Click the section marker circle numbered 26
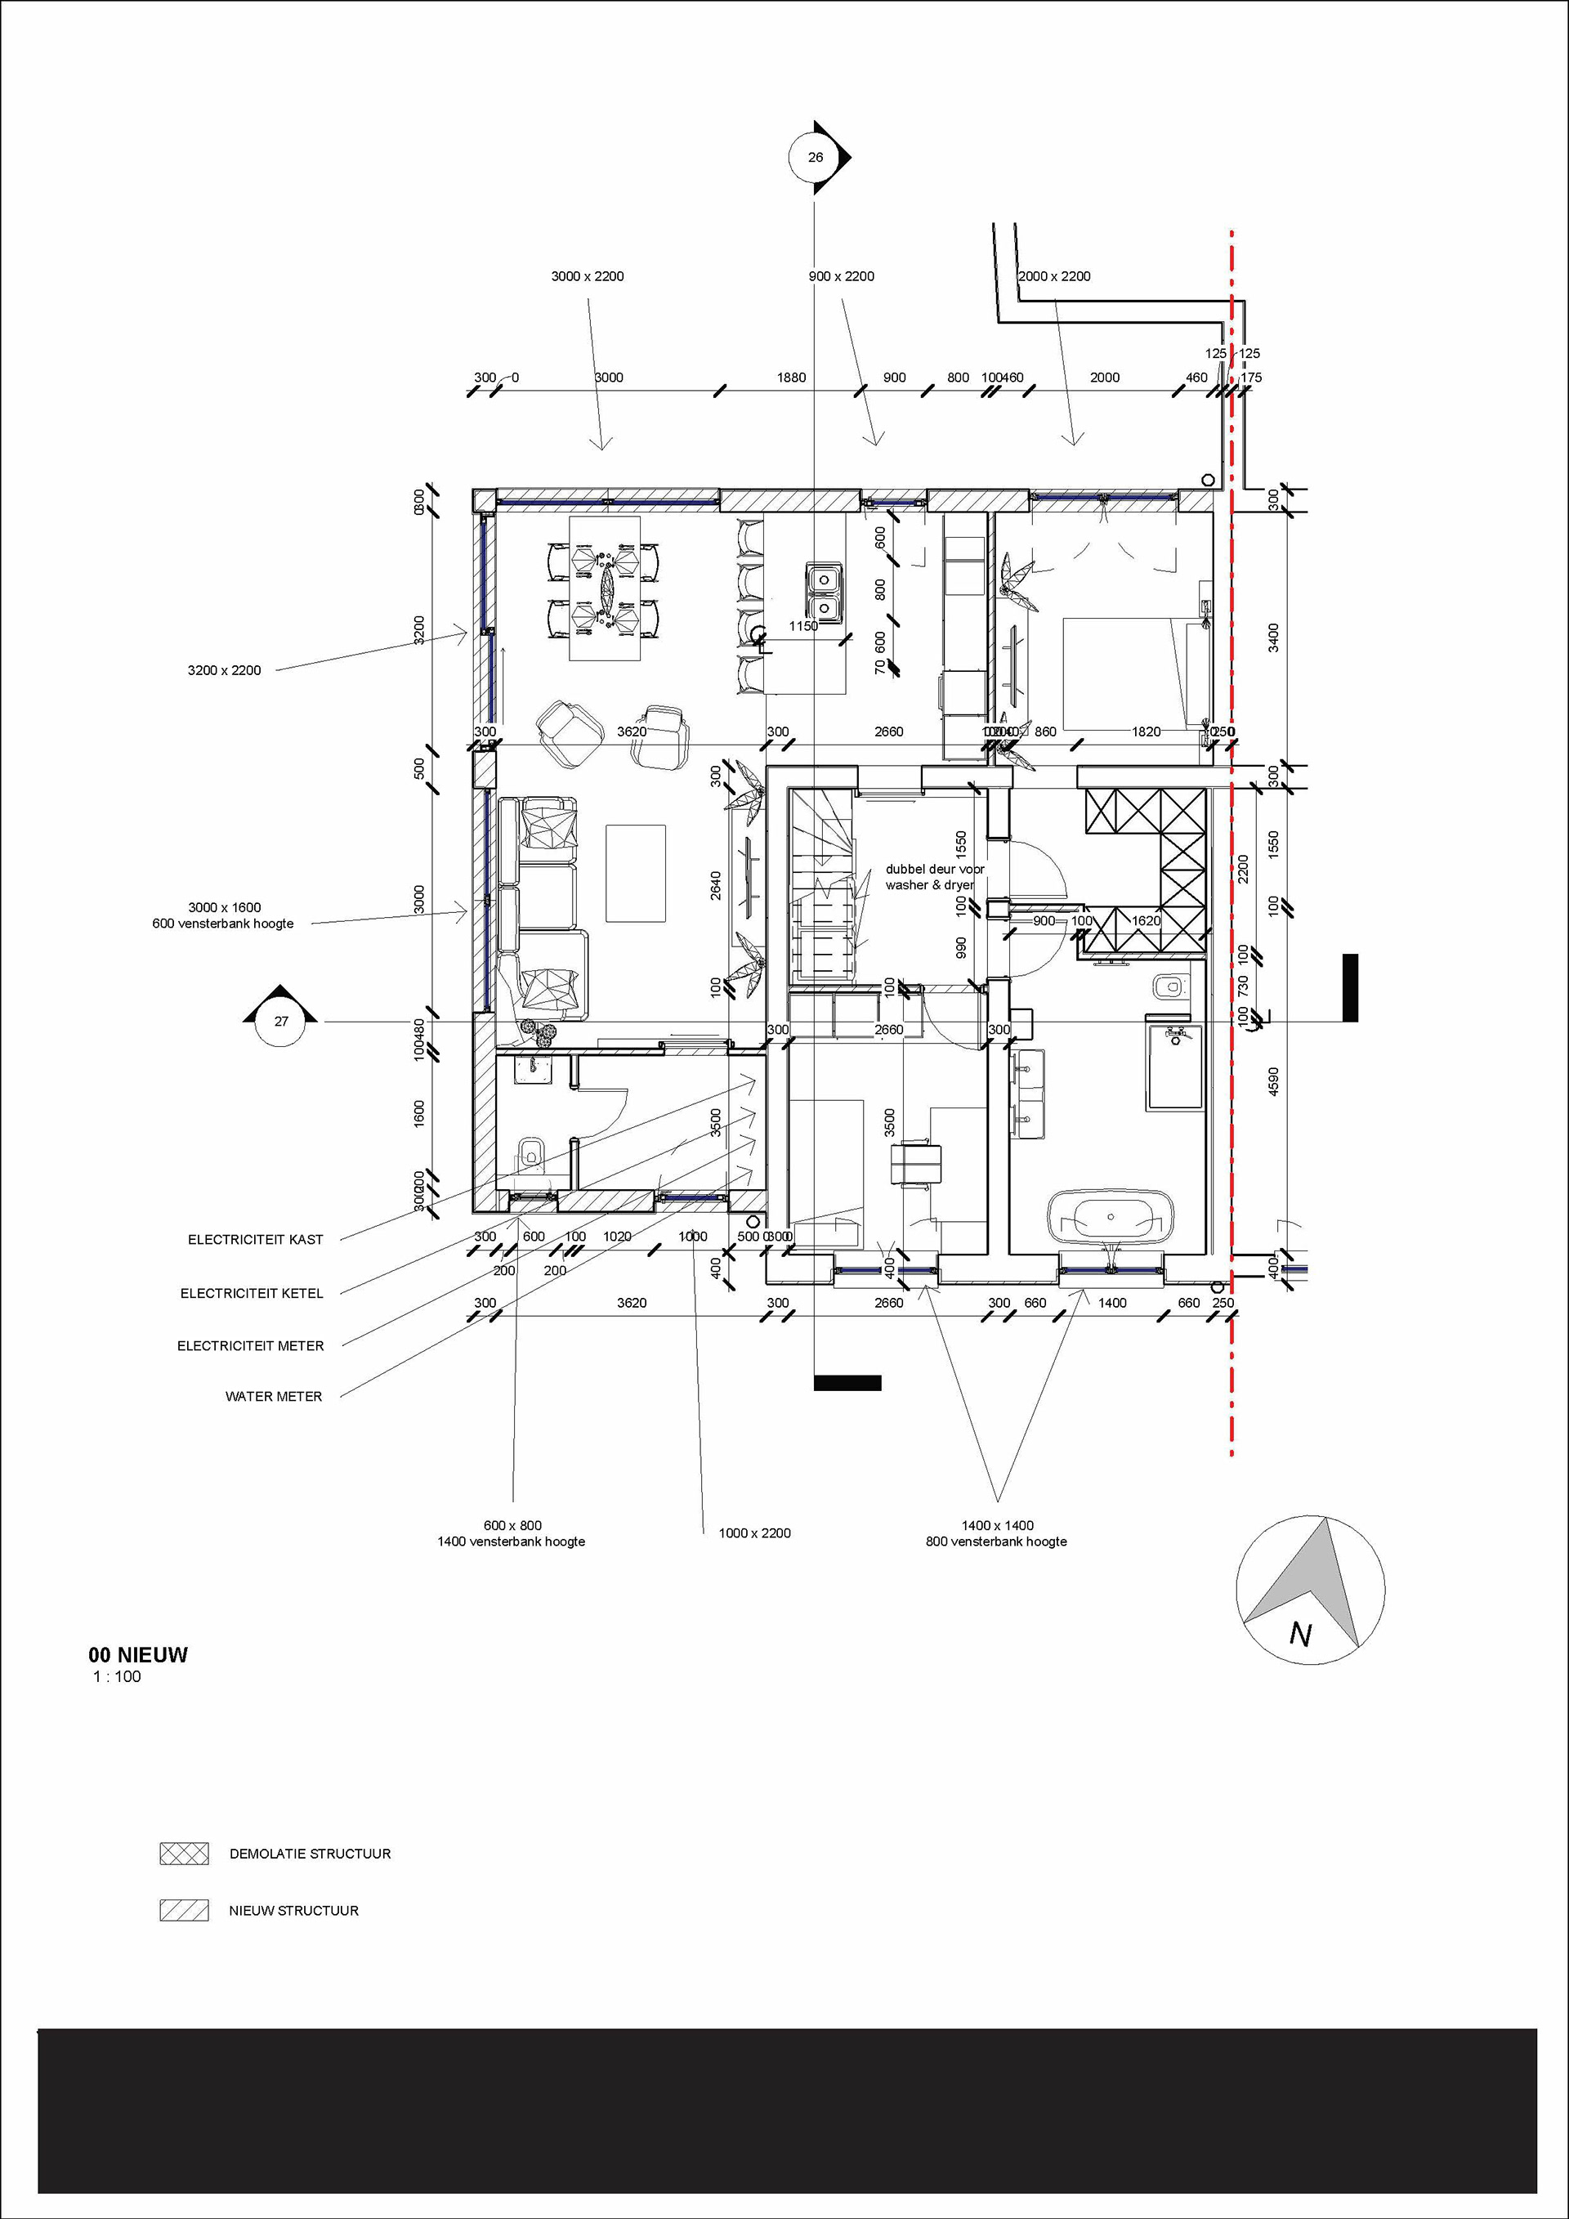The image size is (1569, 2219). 816,158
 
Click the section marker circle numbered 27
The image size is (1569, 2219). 281,1022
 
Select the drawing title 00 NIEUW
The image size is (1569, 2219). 138,1654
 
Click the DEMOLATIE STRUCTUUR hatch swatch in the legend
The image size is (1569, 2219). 184,1854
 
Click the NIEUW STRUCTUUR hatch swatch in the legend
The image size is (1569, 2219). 184,1911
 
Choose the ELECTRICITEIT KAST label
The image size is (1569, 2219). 255,1239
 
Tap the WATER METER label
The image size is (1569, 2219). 274,1397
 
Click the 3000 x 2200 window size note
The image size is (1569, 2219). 588,276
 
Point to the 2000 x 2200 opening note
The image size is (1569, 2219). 1055,276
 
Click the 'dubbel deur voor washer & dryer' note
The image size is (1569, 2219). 933,877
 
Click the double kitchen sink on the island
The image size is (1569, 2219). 823,593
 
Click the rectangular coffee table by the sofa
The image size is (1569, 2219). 636,873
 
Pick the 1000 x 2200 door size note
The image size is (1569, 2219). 754,1532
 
